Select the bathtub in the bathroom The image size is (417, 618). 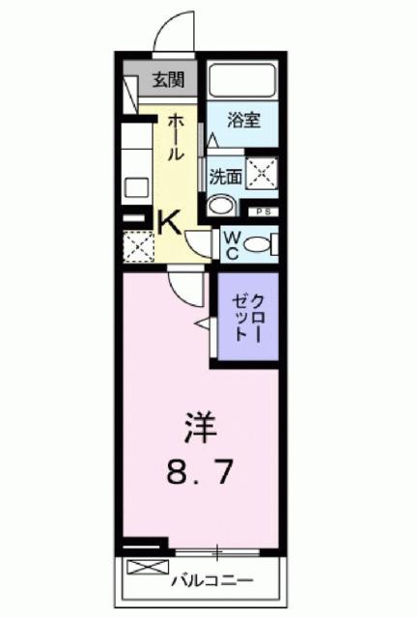click(x=241, y=79)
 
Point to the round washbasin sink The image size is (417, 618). click(x=221, y=205)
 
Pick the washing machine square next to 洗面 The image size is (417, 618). click(x=261, y=174)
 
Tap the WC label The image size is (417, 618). click(x=232, y=246)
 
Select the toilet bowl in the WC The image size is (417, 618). click(x=258, y=245)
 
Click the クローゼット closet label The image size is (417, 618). click(x=247, y=318)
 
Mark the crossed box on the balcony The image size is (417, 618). click(x=140, y=568)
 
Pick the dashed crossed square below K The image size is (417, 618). click(x=139, y=247)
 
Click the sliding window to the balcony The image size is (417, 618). click(x=218, y=551)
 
